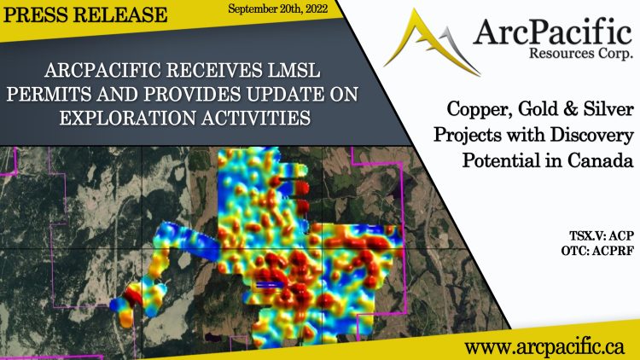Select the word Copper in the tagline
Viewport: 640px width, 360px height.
click(x=480, y=112)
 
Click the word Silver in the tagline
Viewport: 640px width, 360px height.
click(x=606, y=112)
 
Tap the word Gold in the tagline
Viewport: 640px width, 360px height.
click(x=546, y=112)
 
